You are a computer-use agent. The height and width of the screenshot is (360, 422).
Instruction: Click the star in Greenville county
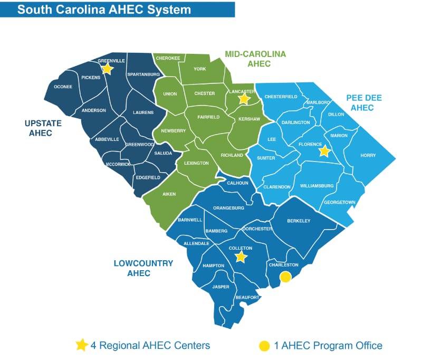[x=107, y=69]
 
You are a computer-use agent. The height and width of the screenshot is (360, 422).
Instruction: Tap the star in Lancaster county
[x=244, y=98]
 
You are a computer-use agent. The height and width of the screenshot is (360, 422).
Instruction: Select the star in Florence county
[x=324, y=151]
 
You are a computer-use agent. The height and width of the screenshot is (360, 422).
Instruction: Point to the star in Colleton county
[x=241, y=257]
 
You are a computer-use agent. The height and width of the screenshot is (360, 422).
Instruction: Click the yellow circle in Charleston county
[x=285, y=277]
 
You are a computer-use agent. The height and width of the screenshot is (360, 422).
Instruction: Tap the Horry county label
[x=368, y=155]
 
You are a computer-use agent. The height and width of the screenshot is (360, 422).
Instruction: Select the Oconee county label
[x=63, y=87]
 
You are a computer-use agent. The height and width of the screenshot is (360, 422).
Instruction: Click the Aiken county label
[x=169, y=194]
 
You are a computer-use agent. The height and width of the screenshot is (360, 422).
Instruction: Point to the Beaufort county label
[x=247, y=298]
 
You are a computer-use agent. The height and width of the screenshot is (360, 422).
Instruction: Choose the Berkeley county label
[x=299, y=221]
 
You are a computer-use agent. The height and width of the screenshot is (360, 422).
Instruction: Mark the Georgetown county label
[x=340, y=202]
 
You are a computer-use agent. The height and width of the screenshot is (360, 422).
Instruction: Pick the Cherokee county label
[x=168, y=58]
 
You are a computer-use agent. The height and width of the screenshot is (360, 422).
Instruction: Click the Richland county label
[x=232, y=155]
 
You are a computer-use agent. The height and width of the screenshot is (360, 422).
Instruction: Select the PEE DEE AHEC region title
[x=364, y=102]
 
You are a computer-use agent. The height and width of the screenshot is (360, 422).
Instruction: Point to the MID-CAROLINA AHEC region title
[x=255, y=59]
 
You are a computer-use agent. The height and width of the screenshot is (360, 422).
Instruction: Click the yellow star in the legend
[x=81, y=345]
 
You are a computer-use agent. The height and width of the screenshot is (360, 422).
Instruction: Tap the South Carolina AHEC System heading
[x=104, y=10]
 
